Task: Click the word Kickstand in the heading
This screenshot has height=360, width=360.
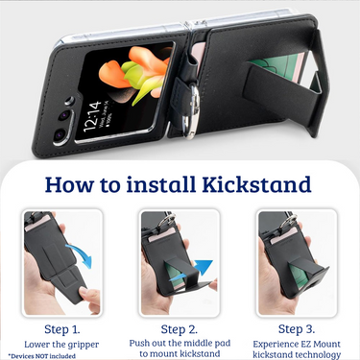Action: [256, 184]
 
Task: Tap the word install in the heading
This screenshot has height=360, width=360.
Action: [161, 184]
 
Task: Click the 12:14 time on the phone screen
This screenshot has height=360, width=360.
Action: [93, 116]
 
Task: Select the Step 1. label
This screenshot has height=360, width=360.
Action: [62, 329]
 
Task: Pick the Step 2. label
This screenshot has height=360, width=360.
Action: [180, 329]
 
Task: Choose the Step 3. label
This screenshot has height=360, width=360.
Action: [297, 329]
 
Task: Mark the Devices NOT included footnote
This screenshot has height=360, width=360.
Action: [42, 356]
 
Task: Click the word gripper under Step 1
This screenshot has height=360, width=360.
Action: [84, 345]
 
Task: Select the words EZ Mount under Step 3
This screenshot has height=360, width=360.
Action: [317, 344]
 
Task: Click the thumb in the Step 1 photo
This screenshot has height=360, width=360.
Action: [90, 296]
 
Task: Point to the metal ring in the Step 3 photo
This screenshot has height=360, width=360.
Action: [290, 220]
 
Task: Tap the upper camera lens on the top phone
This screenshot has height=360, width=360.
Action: [64, 115]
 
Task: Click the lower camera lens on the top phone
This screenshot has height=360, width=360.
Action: [60, 134]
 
